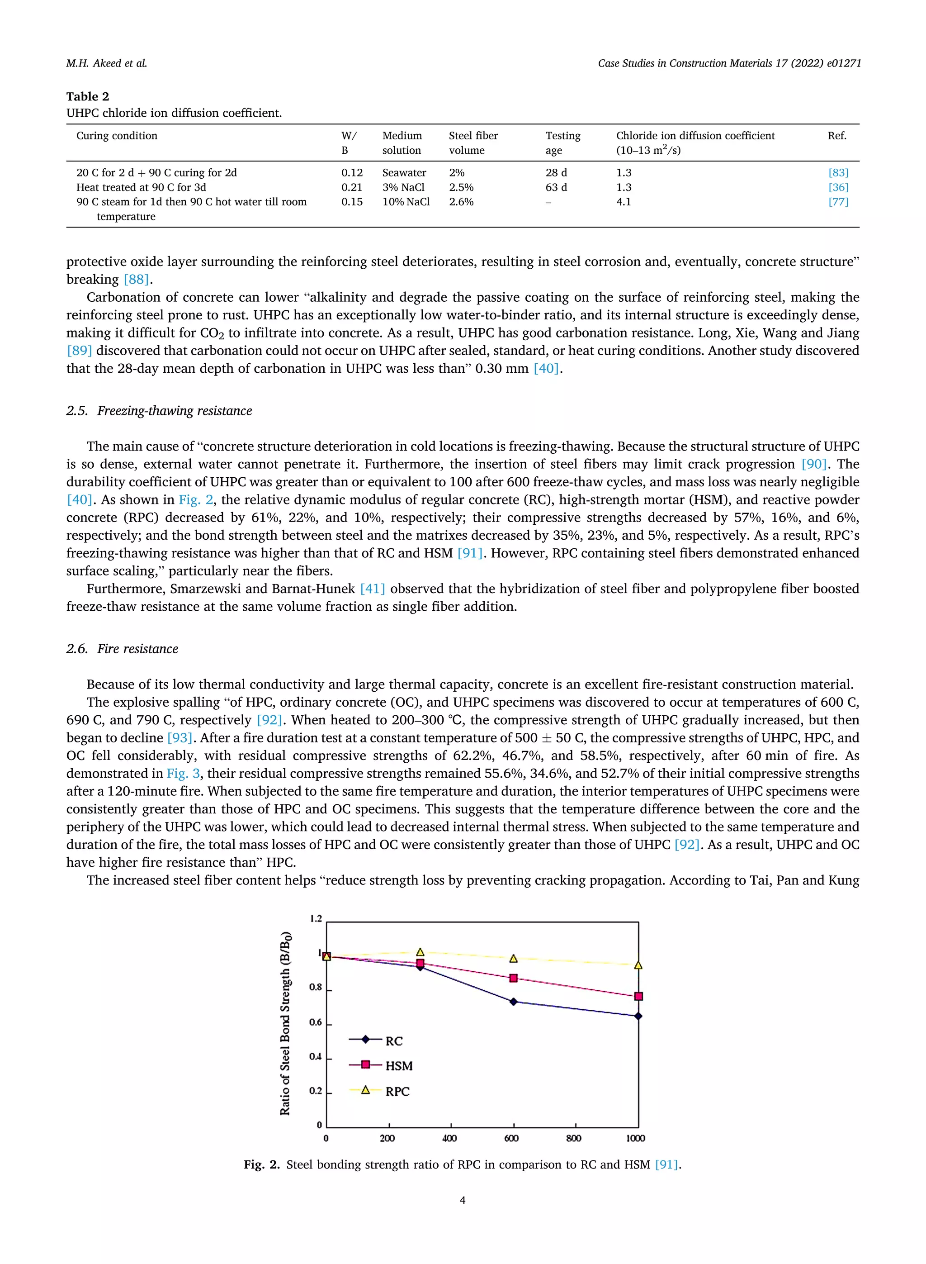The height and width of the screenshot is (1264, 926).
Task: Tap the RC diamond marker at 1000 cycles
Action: coord(638,1016)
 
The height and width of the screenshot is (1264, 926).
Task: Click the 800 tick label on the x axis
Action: coord(573,1138)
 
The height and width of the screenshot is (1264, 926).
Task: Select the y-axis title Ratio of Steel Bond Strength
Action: coord(285,1023)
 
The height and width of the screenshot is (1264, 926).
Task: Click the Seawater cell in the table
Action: coord(404,173)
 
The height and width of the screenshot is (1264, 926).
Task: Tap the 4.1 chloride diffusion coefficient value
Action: coord(624,202)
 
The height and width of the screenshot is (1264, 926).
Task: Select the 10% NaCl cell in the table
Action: coord(406,202)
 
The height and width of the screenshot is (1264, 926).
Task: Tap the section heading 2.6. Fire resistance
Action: coord(122,649)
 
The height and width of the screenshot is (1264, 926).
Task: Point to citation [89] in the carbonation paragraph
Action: coord(79,351)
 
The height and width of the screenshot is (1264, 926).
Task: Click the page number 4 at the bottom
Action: coord(463,1200)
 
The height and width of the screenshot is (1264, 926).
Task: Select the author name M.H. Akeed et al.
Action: coord(107,63)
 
